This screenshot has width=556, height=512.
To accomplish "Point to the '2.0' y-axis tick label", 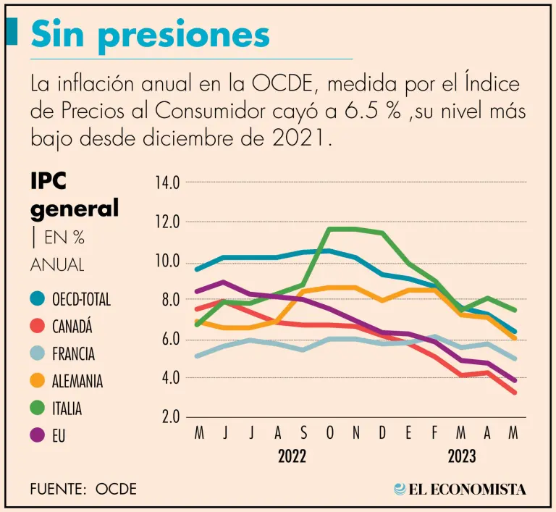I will pyautogui.click(x=169, y=418).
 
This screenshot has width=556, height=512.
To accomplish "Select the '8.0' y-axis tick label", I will pyautogui.click(x=168, y=300).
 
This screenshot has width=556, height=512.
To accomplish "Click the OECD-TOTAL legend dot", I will pyautogui.click(x=37, y=298).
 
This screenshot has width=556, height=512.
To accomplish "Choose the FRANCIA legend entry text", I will pyautogui.click(x=73, y=353).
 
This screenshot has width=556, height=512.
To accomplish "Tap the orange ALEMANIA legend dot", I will pyautogui.click(x=37, y=381).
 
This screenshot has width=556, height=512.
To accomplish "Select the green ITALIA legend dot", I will pyautogui.click(x=37, y=408).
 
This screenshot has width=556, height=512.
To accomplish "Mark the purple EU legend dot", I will pyautogui.click(x=37, y=436).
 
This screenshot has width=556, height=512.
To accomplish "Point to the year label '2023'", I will pyautogui.click(x=461, y=457).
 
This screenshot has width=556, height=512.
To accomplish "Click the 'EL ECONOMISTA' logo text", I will pyautogui.click(x=467, y=490).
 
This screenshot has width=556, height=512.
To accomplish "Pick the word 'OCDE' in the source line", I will pyautogui.click(x=116, y=490).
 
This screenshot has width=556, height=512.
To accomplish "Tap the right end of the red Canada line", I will pyautogui.click(x=514, y=393).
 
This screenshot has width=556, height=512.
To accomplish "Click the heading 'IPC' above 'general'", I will pyautogui.click(x=53, y=181).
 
